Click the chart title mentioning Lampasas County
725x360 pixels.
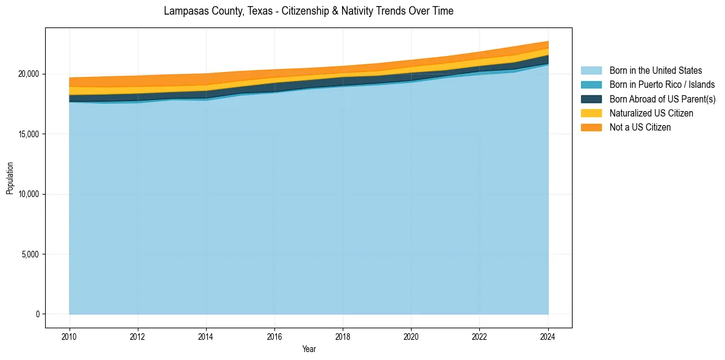pyautogui.click(x=309, y=11)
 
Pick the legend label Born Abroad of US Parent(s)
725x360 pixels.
pyautogui.click(x=662, y=99)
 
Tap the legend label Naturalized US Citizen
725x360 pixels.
pyautogui.click(x=651, y=113)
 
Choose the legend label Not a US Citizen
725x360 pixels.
pyautogui.click(x=640, y=128)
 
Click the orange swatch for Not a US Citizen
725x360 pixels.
pyautogui.click(x=591, y=128)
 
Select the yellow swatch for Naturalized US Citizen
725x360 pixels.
pyautogui.click(x=591, y=113)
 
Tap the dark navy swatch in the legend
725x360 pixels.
pyautogui.click(x=591, y=99)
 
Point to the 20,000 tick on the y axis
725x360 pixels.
pyautogui.click(x=29, y=74)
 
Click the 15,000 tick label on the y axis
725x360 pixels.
pyautogui.click(x=29, y=134)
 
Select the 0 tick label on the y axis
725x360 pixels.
pyautogui.click(x=37, y=314)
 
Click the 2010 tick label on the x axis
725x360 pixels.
pyautogui.click(x=70, y=335)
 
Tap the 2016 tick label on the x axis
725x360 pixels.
pyautogui.click(x=274, y=335)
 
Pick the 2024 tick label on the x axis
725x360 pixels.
pyautogui.click(x=548, y=335)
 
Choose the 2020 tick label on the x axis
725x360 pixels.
pyautogui.click(x=411, y=335)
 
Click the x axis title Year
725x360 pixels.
pyautogui.click(x=309, y=349)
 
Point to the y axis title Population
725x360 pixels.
pyautogui.click(x=10, y=178)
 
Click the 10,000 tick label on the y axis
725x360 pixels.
pyautogui.click(x=29, y=194)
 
